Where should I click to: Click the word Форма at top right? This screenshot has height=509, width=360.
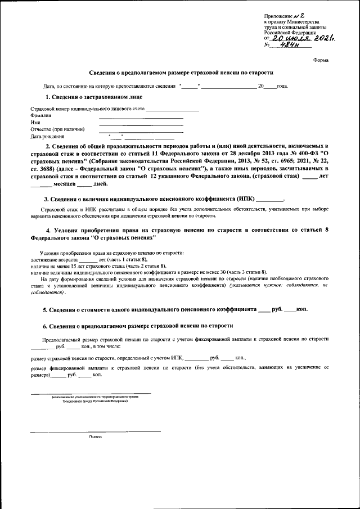tap(321, 60)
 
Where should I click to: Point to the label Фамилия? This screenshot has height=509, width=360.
tap(40, 115)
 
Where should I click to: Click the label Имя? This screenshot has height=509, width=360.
tap(35, 121)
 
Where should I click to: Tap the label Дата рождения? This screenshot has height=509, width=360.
tap(47, 136)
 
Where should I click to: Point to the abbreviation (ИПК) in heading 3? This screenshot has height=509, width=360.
tap(246, 199)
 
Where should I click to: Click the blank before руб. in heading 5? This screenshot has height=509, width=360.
tap(263, 310)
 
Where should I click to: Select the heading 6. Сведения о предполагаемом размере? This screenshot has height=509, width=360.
tap(138, 326)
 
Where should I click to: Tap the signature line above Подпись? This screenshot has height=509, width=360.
tap(95, 431)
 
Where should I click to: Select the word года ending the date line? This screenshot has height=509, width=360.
tap(282, 86)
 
